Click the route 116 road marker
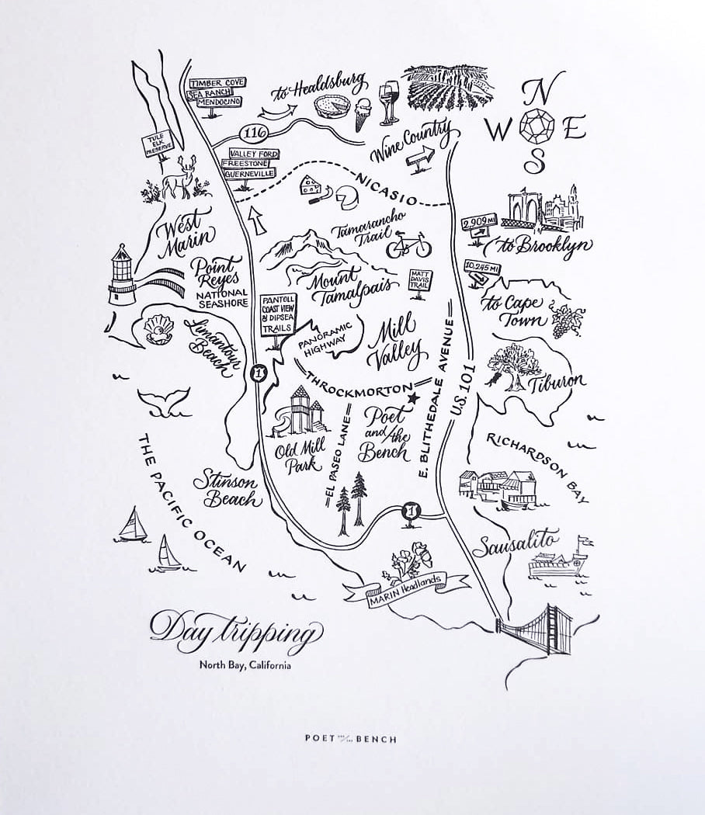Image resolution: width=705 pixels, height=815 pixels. point(252,131)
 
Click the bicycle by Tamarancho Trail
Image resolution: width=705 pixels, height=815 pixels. point(408,245)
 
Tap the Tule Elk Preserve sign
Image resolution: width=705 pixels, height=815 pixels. point(155,144)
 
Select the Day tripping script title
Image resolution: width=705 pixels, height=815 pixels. point(234,629)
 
